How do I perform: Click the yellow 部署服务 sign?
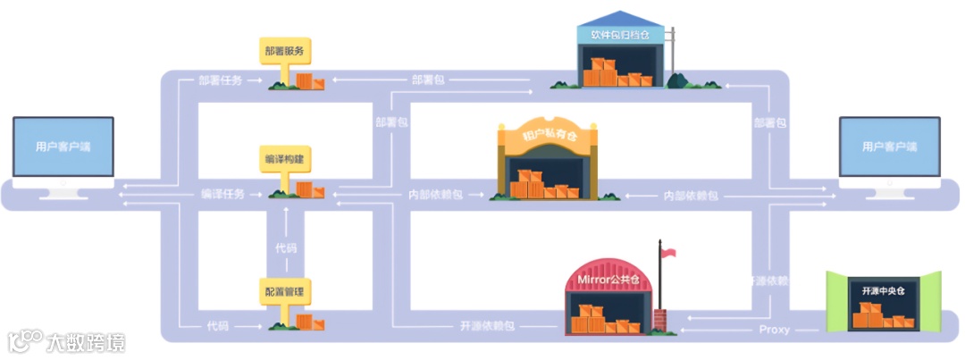pyautogui.click(x=283, y=51)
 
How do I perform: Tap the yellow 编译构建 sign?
pyautogui.click(x=283, y=158)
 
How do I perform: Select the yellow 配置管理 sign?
pyautogui.click(x=283, y=289)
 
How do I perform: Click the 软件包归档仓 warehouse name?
pyautogui.click(x=620, y=35)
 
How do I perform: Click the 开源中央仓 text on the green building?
pyautogui.click(x=883, y=291)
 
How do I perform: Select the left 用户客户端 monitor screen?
pyautogui.click(x=63, y=147)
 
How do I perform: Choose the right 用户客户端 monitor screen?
pyautogui.click(x=889, y=147)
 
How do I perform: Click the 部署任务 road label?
pyautogui.click(x=221, y=80)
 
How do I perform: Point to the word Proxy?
pyautogui.click(x=774, y=330)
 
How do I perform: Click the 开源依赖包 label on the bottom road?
pyautogui.click(x=487, y=326)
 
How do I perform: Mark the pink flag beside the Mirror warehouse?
pyautogui.click(x=667, y=253)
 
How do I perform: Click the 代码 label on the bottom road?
pyautogui.click(x=216, y=326)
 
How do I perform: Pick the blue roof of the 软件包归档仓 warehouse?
pyautogui.click(x=620, y=19)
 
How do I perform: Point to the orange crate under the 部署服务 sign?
pyautogui.click(x=306, y=82)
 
